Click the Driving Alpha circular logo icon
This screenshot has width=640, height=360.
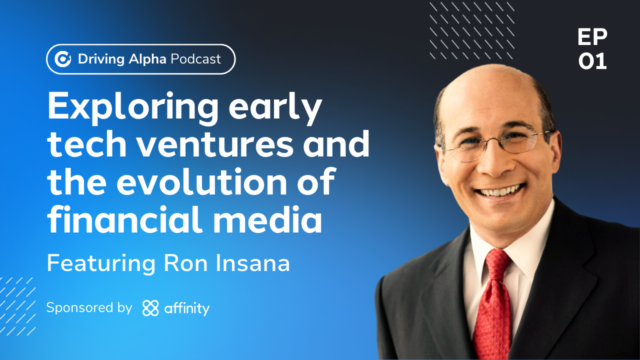click(x=62, y=59)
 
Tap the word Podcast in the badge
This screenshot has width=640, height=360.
click(x=195, y=59)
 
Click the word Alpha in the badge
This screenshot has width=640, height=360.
click(x=147, y=59)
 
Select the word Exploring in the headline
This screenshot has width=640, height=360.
click(x=132, y=107)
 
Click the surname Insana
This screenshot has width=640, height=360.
click(x=252, y=263)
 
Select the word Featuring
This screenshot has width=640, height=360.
click(x=101, y=263)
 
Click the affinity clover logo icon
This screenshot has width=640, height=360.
click(x=150, y=308)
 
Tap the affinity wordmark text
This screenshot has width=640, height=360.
click(x=187, y=308)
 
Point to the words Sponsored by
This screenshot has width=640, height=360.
click(x=89, y=307)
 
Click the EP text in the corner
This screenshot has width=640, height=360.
click(x=592, y=37)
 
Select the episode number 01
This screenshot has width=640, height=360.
click(x=592, y=61)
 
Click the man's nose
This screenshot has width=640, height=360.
click(x=495, y=163)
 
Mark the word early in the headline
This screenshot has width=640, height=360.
click(x=275, y=108)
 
